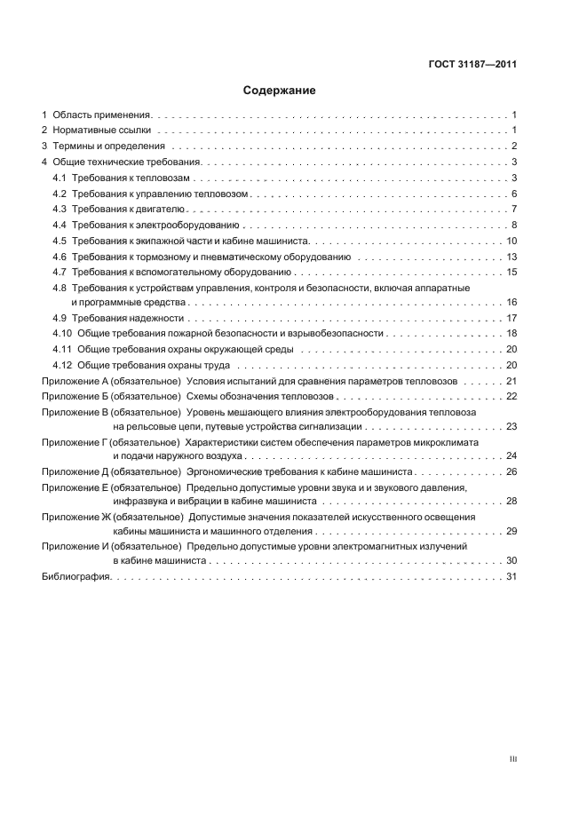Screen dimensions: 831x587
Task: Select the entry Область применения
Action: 103,115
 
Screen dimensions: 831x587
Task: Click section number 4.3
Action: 59,209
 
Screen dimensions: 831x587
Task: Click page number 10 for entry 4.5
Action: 512,241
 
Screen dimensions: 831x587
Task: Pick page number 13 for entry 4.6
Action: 512,257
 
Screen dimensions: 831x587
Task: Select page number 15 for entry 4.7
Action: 512,272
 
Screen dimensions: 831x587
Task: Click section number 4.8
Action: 59,289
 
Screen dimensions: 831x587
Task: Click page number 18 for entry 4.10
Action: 512,333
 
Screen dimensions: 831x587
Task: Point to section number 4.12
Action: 62,365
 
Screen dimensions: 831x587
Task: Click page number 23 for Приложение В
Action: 512,427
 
